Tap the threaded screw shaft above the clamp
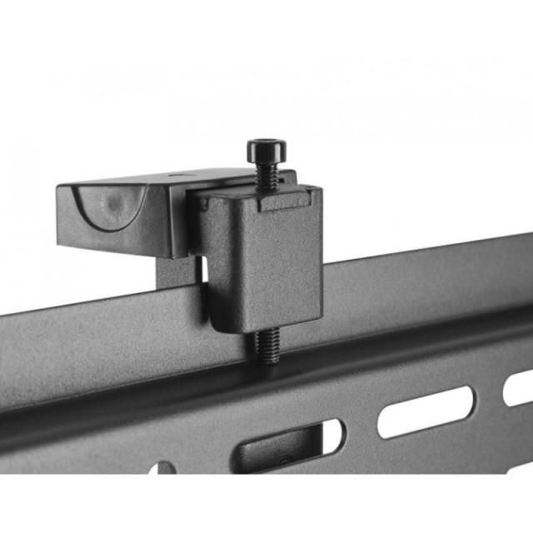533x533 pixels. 266,177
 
